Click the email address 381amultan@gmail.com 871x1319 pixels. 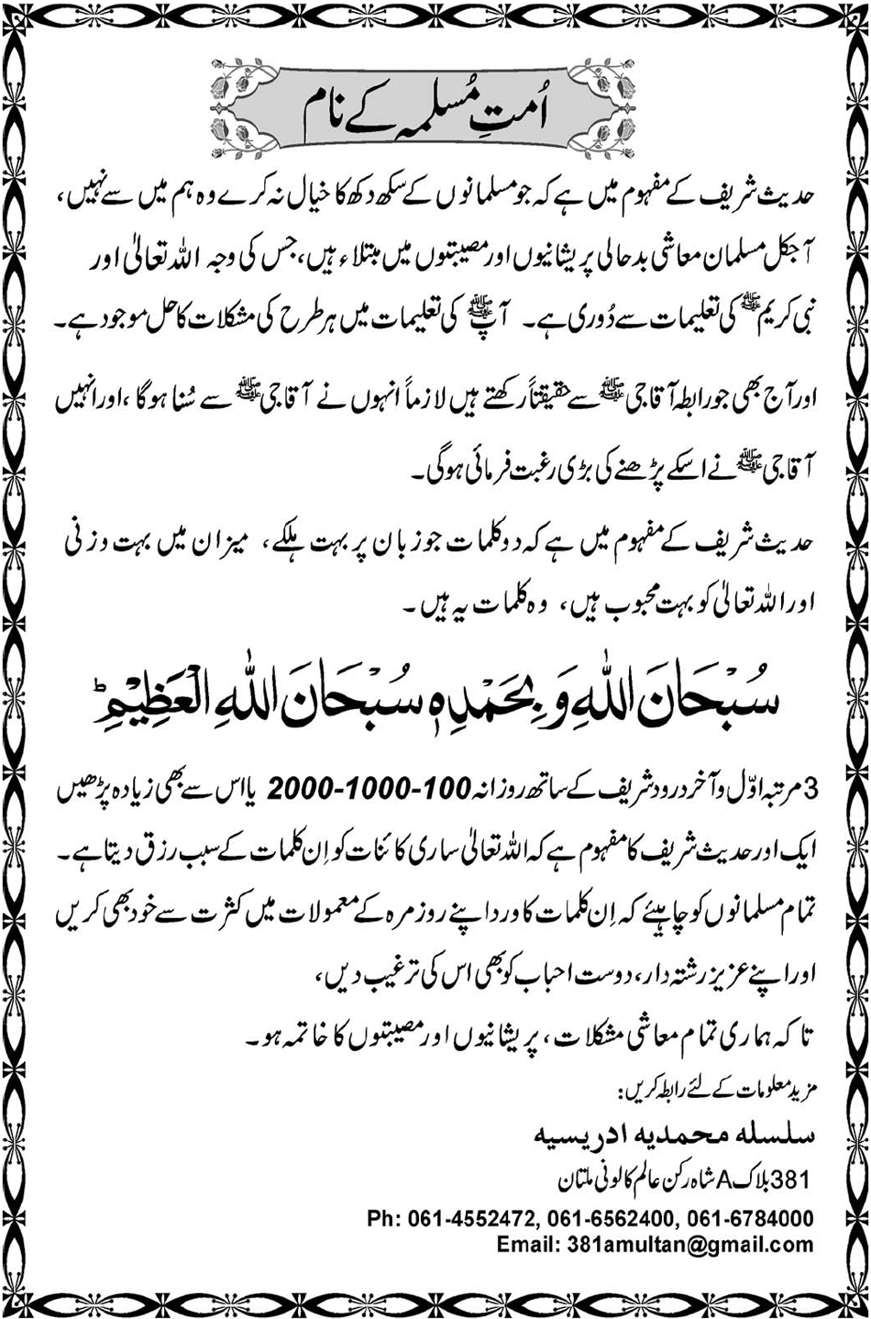[x=685, y=1245]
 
